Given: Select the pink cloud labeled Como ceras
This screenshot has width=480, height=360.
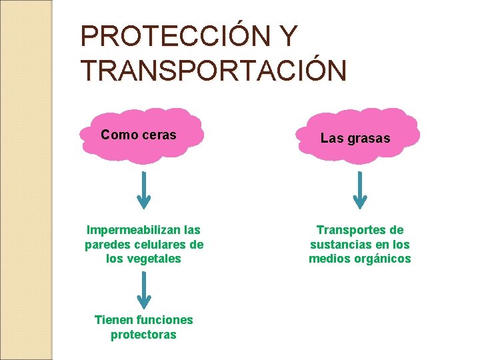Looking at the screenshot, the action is (x=140, y=135).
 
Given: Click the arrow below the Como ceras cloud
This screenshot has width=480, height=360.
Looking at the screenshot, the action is (x=144, y=190).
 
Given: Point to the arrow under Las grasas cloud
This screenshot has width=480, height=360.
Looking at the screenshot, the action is (x=360, y=190).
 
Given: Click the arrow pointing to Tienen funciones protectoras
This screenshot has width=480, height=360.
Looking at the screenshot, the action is (x=144, y=290).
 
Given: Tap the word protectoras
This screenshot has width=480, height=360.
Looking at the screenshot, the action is (x=143, y=335).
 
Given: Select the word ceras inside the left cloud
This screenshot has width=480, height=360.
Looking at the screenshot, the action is (x=159, y=135).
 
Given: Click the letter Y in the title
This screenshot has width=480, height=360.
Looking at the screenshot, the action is (x=289, y=37).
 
